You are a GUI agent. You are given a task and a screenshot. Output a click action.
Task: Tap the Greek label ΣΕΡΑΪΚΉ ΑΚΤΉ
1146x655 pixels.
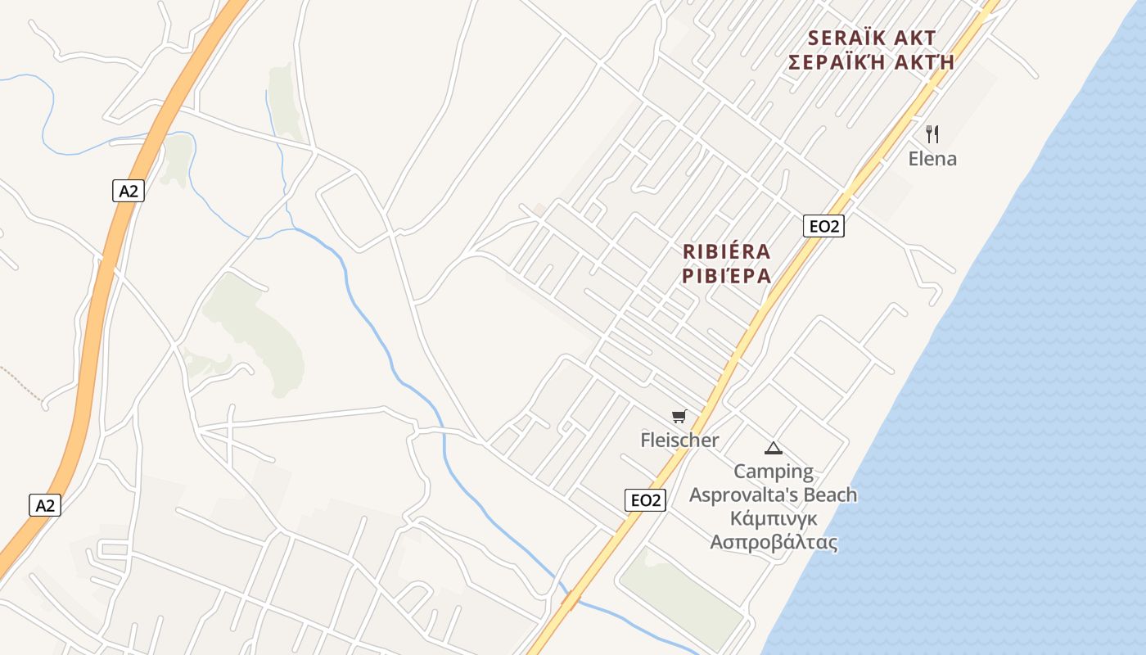coord(871,62)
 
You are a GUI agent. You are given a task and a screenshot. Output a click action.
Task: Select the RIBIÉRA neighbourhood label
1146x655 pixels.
coord(727,251)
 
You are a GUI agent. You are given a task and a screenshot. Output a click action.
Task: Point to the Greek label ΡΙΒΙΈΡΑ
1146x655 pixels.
coord(727,276)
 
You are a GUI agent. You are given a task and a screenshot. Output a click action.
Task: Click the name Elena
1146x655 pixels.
coord(932,159)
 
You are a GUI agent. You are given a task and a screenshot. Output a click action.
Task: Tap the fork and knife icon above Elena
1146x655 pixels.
coord(932,133)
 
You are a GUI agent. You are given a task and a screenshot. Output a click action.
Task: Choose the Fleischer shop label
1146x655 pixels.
coord(679,440)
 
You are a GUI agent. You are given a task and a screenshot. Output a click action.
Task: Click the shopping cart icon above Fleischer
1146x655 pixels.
coord(679,417)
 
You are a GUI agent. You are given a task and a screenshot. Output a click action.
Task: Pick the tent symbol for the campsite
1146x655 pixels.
coord(773,448)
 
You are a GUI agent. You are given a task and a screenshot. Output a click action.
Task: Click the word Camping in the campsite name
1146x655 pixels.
coord(774,472)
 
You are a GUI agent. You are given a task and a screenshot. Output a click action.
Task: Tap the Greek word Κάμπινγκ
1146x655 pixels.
coord(774,519)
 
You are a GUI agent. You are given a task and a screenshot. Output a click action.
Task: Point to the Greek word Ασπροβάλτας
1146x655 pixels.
coord(774,543)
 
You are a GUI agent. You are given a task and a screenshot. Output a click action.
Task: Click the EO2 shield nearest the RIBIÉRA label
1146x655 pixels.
coord(823,226)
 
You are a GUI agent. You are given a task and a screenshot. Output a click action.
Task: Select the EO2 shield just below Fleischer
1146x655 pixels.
coord(645,500)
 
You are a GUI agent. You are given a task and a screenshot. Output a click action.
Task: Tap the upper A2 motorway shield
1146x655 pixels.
coord(129,192)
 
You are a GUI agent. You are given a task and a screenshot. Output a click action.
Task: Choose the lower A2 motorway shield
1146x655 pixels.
coord(45,505)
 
